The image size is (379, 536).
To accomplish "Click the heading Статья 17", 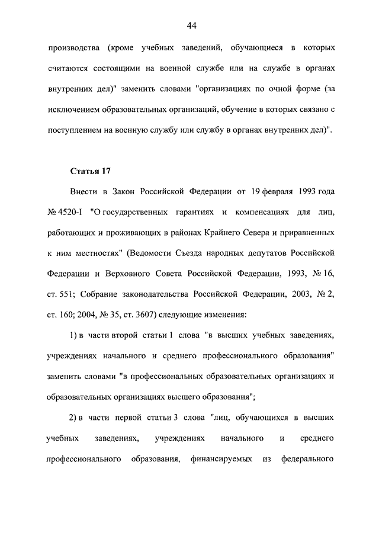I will point(90,172).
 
